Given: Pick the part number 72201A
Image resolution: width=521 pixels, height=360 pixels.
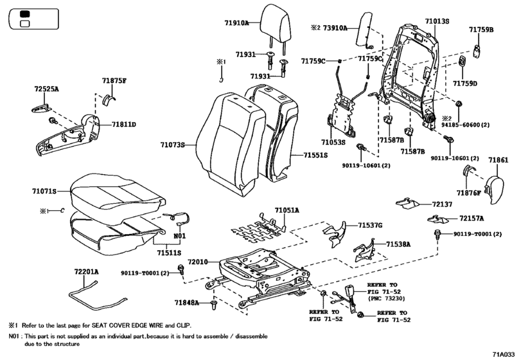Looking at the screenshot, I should click(86, 272).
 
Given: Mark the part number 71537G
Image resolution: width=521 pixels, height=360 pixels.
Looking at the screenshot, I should click(369, 225).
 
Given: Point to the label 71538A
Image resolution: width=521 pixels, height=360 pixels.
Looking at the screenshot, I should click(398, 244).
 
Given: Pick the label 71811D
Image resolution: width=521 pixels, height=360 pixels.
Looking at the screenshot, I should click(123, 124).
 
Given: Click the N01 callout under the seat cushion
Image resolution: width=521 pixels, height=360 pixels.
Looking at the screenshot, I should click(179, 235).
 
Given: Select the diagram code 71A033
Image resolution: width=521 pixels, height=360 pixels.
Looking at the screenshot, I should click(504, 353).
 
